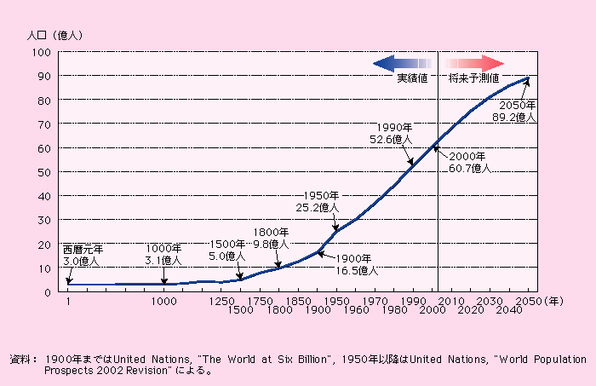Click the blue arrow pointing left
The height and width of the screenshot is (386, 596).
pos(403,63)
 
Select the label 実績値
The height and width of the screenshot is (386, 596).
pos(415,78)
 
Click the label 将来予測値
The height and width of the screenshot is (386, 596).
pos(474,78)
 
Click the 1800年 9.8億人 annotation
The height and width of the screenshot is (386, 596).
pos(271,237)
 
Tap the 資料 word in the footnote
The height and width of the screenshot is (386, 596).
pos(20,358)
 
